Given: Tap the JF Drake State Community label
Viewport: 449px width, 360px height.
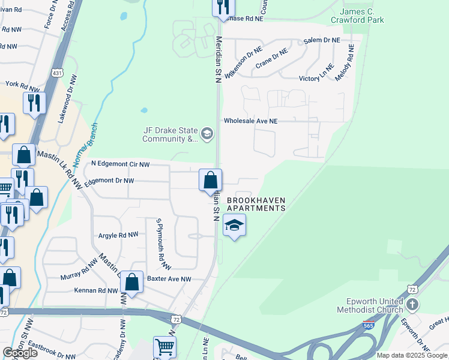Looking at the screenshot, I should click(170, 134).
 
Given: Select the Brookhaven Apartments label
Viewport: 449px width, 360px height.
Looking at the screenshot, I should click(256, 204).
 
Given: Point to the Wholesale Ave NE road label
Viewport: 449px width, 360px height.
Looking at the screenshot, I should click(251, 121).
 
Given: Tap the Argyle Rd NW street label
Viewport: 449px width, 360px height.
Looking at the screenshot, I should click(118, 235).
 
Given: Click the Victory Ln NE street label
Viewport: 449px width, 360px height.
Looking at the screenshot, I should click(316, 78).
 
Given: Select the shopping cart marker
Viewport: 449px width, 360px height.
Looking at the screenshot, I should click(164, 346).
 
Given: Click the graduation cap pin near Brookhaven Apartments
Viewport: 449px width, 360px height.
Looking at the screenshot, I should click(234, 226).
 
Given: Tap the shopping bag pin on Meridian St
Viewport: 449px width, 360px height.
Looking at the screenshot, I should click(210, 179).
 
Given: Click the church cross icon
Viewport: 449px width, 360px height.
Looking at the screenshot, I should click(412, 305).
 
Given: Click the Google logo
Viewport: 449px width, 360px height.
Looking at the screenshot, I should click(20, 353).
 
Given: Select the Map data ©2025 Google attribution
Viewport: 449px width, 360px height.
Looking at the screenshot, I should click(412, 355).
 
